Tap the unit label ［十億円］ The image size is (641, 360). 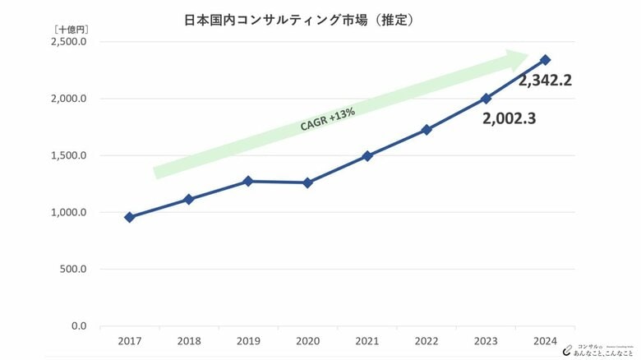point(71,29)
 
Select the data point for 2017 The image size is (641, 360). point(129,217)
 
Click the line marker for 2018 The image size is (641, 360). point(188,199)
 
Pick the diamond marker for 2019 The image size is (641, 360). point(248,181)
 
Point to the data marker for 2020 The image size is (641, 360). point(307,182)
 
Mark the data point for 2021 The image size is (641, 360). point(367,155)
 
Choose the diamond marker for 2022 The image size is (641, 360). point(427,130)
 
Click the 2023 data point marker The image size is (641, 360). point(486,98)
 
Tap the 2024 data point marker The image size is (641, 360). point(546,60)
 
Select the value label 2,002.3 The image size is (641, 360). point(510,118)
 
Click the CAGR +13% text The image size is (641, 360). point(328,118)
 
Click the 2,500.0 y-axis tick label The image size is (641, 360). point(70,42)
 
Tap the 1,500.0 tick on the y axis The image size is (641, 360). point(70,155)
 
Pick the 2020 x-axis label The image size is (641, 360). point(307,340)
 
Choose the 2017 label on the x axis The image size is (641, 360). point(129,340)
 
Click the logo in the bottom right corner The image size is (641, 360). point(597,349)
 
